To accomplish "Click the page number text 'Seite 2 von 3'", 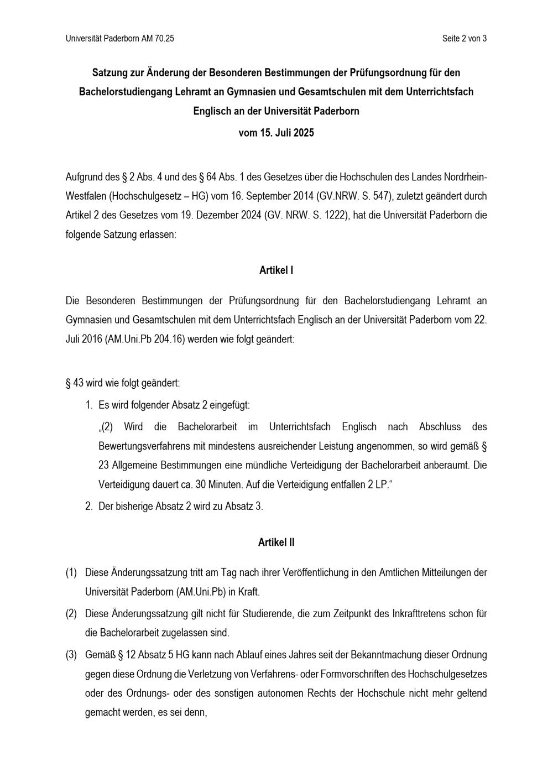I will coord(464,38).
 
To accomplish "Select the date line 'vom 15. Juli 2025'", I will coord(276,133).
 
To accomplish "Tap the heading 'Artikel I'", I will coord(276,270).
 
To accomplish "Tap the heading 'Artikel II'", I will coord(276,543).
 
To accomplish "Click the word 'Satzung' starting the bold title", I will coord(110,72).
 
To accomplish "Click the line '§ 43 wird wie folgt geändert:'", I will coord(123,383).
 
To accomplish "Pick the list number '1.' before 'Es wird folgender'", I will coord(89,405).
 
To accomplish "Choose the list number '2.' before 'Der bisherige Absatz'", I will coord(89,506).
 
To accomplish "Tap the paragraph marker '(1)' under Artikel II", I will coord(71,572).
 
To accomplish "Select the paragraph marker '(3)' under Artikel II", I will coord(71,655).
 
